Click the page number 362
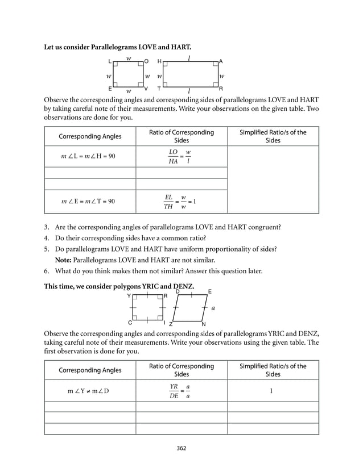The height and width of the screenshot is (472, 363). (181, 448)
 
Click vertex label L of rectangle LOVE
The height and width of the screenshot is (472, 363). (110, 61)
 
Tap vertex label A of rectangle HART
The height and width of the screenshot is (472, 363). (221, 61)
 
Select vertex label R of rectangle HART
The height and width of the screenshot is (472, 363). (221, 89)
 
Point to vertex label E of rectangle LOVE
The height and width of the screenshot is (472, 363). (110, 89)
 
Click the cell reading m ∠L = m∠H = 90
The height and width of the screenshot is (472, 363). (88, 156)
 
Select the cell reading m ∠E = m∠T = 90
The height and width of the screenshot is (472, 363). (88, 201)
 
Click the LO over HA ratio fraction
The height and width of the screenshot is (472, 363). (173, 157)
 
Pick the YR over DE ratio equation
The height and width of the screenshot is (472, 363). (179, 391)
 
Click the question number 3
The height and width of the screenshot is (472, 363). (46, 227)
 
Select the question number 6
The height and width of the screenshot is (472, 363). (46, 271)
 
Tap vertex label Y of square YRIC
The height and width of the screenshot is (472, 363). (129, 296)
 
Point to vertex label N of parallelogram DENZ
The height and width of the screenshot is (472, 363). (203, 324)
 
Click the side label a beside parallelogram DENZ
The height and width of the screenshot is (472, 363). (213, 308)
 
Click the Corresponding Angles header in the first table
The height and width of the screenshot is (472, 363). (90, 137)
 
